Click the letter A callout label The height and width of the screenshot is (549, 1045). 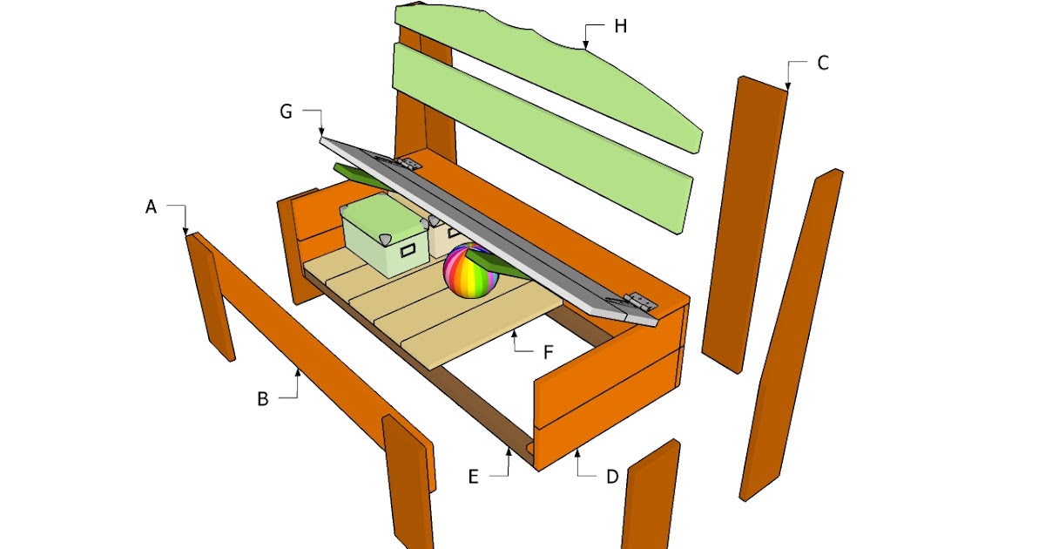[x=151, y=207]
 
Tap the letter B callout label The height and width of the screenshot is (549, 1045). [x=263, y=399]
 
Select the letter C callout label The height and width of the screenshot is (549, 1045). [x=823, y=63]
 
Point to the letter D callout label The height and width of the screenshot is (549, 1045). [x=612, y=477]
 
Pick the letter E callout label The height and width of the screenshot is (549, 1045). [x=473, y=477]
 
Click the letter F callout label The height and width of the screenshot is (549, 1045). [x=548, y=352]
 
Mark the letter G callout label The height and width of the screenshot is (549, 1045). [x=286, y=112]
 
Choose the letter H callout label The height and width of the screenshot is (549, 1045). [x=620, y=26]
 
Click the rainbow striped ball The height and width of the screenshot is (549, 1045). [x=470, y=271]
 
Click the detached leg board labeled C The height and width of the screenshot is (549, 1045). [x=745, y=225]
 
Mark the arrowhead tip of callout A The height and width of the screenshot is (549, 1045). [x=185, y=235]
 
